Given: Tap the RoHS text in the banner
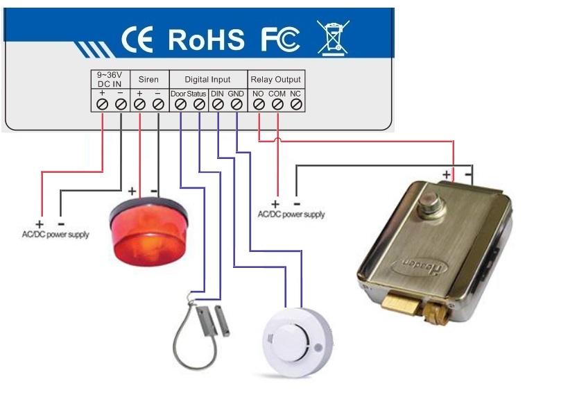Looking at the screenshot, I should [206, 40].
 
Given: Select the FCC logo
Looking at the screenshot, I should [279, 40].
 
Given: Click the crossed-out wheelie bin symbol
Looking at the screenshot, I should [333, 37].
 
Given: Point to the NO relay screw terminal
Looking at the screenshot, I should [258, 104].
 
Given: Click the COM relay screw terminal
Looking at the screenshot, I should [277, 104].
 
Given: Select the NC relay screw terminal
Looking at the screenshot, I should [295, 104].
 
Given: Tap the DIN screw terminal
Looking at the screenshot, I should [217, 104].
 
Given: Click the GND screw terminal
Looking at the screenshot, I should [236, 104].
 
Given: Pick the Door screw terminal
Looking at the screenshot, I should [180, 104].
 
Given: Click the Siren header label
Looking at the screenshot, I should [148, 80].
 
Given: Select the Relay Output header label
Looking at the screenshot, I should [275, 80].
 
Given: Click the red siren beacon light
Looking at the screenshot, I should [149, 229].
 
